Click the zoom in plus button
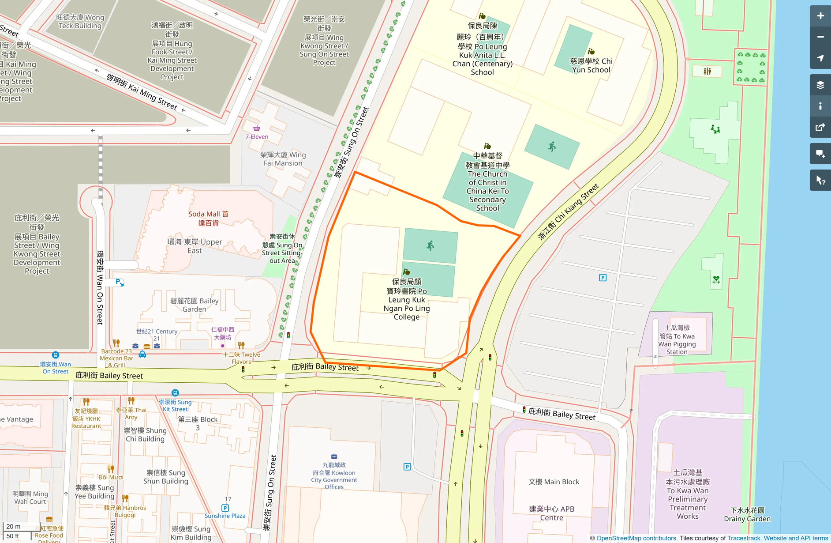coord(820,16)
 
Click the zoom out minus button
coord(820,37)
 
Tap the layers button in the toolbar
coord(820,85)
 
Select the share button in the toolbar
coord(820,127)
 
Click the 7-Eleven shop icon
coord(257,128)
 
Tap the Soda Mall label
coord(208,218)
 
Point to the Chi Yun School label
coord(591,65)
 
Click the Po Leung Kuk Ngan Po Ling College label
coord(407,299)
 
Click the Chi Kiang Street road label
coord(568,211)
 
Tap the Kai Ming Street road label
coord(142,92)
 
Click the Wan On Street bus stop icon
coord(56,355)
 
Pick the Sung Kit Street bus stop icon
coord(175,392)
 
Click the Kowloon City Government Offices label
coord(334,476)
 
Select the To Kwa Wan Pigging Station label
coord(677,339)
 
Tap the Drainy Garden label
coord(747,515)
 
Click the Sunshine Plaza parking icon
coord(225,508)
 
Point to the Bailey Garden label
coord(195,305)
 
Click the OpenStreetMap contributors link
coord(636,538)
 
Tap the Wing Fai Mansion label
coord(283,159)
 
